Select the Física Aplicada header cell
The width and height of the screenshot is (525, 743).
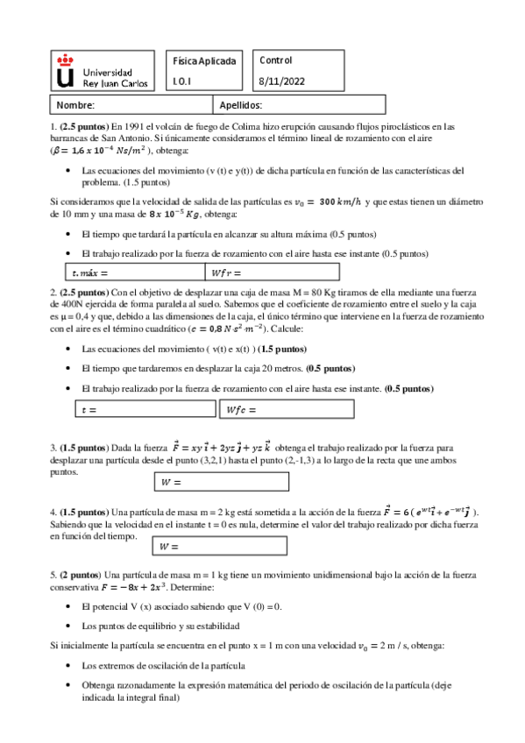click(204, 61)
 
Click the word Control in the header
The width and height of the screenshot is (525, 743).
click(276, 60)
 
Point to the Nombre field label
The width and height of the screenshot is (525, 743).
click(76, 105)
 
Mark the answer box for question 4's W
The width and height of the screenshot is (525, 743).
click(221, 546)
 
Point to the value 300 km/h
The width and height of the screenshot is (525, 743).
click(337, 201)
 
